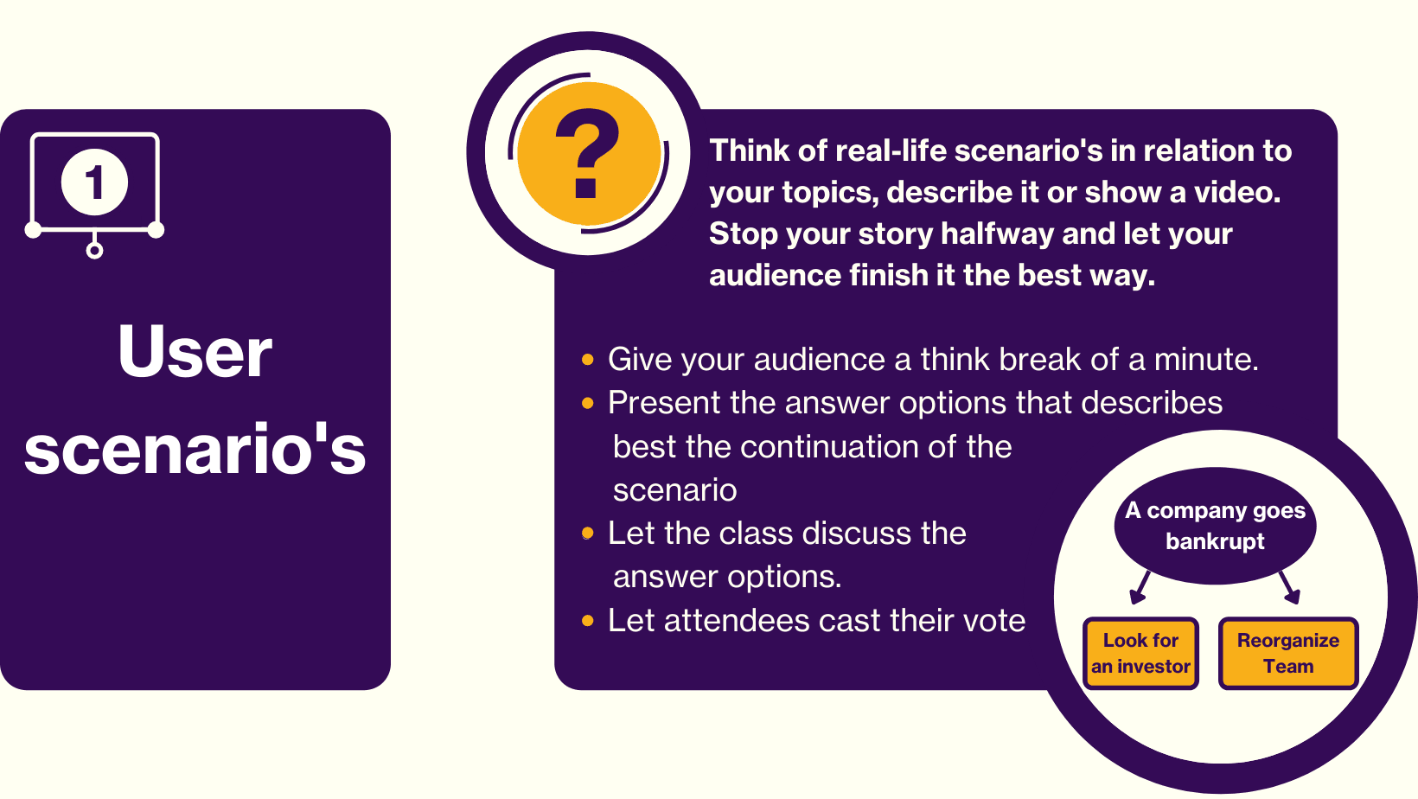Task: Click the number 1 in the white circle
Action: pyautogui.click(x=94, y=182)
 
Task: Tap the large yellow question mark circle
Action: pyautogui.click(x=589, y=153)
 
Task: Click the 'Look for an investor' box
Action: pyautogui.click(x=1140, y=654)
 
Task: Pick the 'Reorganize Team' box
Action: pyautogui.click(x=1288, y=654)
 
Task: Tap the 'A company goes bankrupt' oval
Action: pyautogui.click(x=1215, y=526)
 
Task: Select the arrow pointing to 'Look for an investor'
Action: pyautogui.click(x=1140, y=587)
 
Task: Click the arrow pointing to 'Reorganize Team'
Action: pyautogui.click(x=1289, y=587)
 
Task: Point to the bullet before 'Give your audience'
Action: pyautogui.click(x=587, y=360)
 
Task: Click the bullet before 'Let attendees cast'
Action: pyautogui.click(x=587, y=621)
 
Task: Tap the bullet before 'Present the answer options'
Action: pyautogui.click(x=587, y=403)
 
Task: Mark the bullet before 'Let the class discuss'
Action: pyautogui.click(x=587, y=533)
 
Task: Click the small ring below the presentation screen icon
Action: pyautogui.click(x=94, y=251)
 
